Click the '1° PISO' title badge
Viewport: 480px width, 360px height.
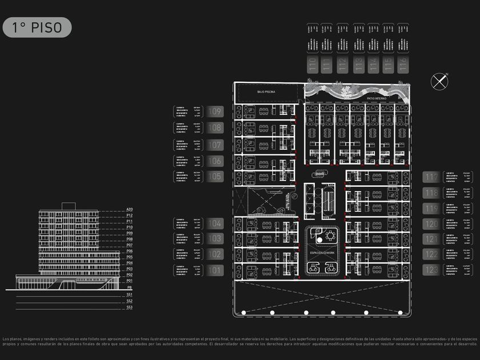click(37, 27)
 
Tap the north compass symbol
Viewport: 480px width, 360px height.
click(439, 81)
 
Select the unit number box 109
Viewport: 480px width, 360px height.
click(215, 112)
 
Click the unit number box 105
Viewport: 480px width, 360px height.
click(215, 177)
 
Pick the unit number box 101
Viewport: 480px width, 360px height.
click(215, 270)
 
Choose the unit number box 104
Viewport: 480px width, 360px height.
click(215, 223)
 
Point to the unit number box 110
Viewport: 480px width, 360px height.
click(312, 64)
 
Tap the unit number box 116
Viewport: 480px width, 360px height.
click(403, 64)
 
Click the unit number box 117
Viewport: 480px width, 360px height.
click(431, 177)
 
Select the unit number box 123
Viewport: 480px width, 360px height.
click(431, 270)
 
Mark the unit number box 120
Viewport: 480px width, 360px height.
click(431, 223)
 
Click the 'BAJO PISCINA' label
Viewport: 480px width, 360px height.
click(266, 91)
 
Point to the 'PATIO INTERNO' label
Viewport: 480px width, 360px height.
click(377, 98)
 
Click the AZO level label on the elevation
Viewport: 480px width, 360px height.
click(130, 210)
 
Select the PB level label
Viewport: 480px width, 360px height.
click(130, 287)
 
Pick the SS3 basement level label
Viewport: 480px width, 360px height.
click(130, 307)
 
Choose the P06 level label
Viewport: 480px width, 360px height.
click(130, 251)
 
